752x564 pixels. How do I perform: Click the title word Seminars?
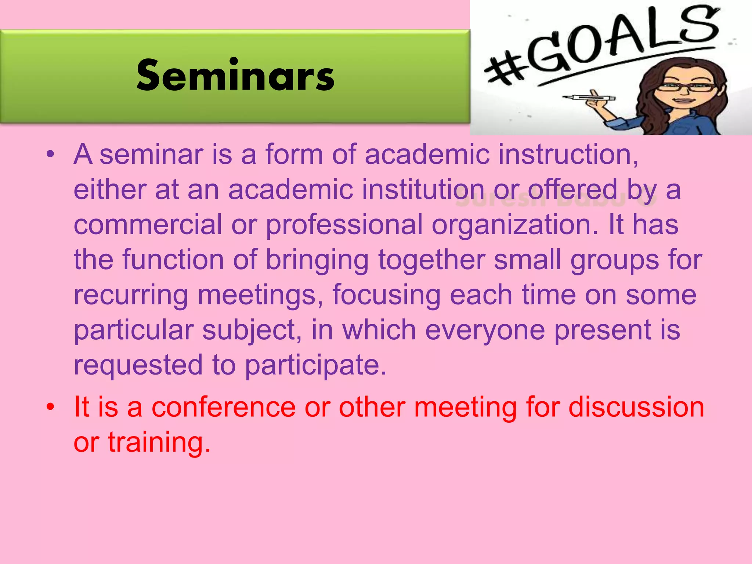pos(235,76)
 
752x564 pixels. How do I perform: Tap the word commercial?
pos(148,224)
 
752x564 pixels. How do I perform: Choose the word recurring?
pos(131,295)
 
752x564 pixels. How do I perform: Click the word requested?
pos(138,365)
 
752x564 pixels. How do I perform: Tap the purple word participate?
pos(315,365)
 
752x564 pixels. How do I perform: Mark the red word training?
pos(159,442)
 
